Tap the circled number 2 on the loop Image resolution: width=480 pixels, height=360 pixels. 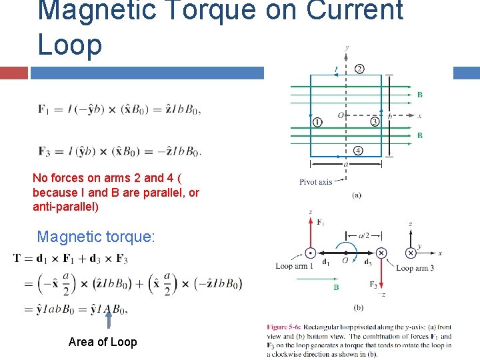359,69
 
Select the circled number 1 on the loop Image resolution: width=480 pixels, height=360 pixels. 317,122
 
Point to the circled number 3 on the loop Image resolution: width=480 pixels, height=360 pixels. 375,122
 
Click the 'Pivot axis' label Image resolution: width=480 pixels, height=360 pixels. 316,181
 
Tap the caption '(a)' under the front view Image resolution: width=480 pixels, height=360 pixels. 357,195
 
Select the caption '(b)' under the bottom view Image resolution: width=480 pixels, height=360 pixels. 357,307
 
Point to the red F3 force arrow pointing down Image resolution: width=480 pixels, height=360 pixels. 381,273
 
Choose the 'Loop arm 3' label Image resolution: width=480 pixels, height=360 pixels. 414,268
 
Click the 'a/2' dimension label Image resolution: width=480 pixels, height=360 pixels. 363,235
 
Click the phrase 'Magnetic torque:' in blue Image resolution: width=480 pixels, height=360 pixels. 96,237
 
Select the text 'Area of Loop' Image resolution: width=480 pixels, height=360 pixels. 103,342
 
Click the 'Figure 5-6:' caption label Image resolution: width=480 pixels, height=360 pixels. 287,327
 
